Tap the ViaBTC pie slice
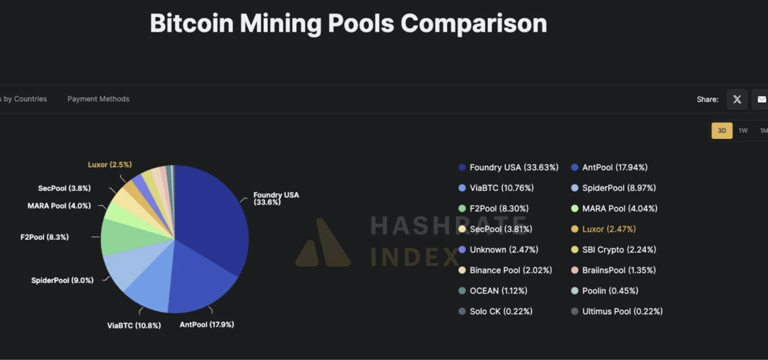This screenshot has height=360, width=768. coord(149,284)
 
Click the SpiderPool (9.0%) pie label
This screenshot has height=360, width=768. coord(62,280)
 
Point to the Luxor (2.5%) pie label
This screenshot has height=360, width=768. coord(110,165)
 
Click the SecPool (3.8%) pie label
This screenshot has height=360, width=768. coord(64,188)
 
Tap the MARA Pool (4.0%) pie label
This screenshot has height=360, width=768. coord(59,206)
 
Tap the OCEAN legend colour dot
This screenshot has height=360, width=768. coord(462,291)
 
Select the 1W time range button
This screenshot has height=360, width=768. coord(743,130)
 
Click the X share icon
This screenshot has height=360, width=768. coord(737,100)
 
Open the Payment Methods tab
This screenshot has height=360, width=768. coord(98,99)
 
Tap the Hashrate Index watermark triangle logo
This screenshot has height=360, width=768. coord(323,245)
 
